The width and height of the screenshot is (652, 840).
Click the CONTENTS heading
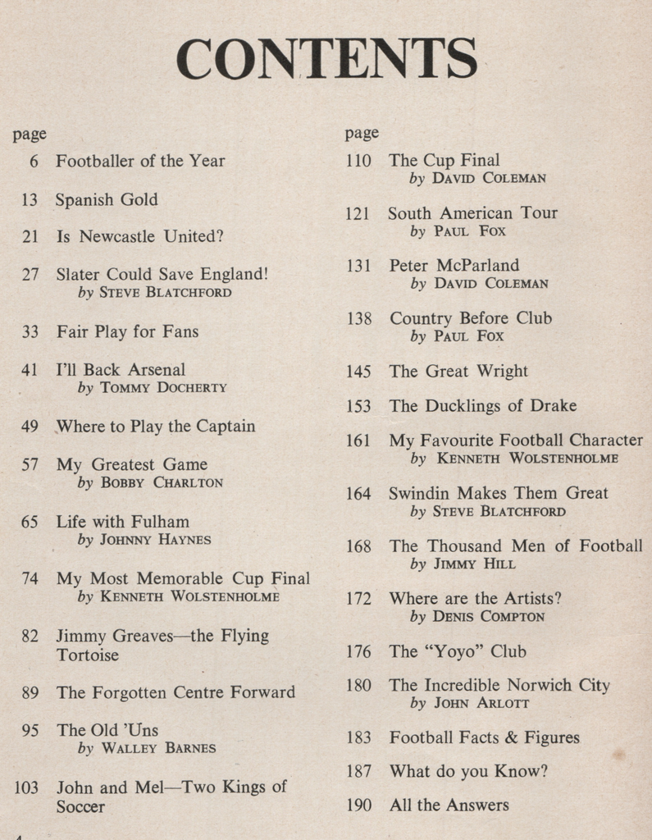coord(326,58)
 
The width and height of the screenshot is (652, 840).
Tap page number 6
coord(34,162)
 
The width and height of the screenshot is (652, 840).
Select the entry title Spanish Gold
coord(107,199)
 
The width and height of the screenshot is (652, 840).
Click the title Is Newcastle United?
coord(139,237)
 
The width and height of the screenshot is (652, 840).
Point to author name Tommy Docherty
coord(163,388)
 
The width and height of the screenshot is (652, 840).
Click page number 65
coord(30,522)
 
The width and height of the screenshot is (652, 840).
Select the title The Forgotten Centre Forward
coord(176,692)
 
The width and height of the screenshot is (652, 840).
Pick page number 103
coord(27,787)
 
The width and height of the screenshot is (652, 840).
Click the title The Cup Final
coord(444,161)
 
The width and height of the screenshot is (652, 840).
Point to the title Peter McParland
coord(454,266)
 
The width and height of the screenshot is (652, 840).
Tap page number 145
coord(358,372)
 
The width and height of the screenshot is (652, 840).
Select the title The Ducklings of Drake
coord(482,406)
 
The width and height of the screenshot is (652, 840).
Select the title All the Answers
coord(449,805)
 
